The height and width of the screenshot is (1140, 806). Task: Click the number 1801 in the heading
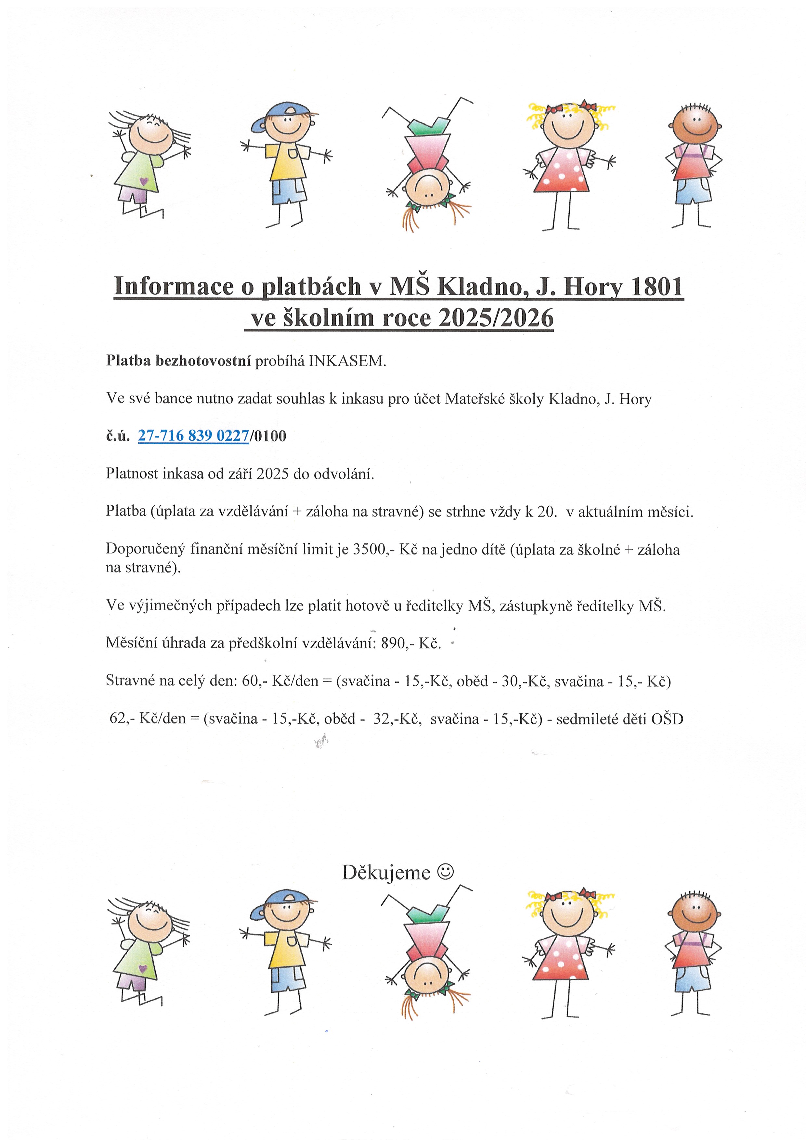click(656, 287)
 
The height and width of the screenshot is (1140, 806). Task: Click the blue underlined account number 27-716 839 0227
click(193, 435)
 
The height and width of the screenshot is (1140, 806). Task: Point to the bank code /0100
click(268, 436)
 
